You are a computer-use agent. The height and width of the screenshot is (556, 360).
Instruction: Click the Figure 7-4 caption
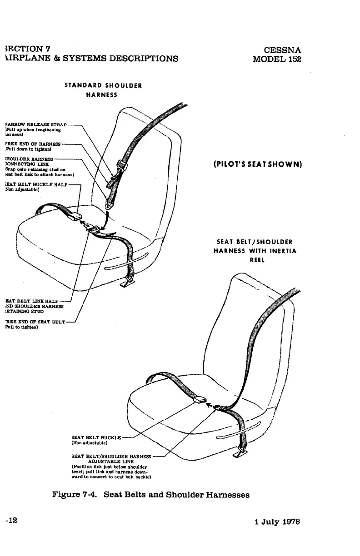click(151, 495)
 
